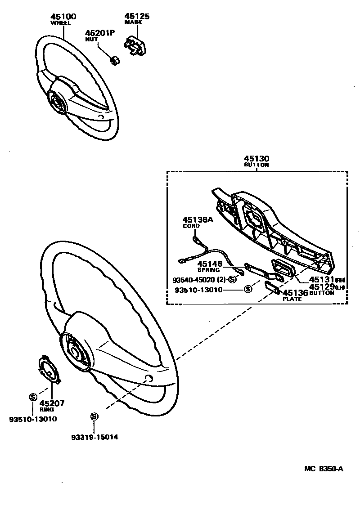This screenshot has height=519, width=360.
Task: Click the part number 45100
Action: pyautogui.click(x=63, y=17)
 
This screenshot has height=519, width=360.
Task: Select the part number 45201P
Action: pyautogui.click(x=100, y=33)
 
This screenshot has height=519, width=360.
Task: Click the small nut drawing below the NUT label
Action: pyautogui.click(x=115, y=59)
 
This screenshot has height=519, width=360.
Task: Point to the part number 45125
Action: pyautogui.click(x=137, y=17)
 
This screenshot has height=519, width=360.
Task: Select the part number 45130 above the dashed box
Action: pyautogui.click(x=256, y=159)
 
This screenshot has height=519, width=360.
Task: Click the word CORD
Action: pyautogui.click(x=191, y=226)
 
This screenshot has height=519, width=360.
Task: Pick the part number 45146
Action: pyautogui.click(x=209, y=264)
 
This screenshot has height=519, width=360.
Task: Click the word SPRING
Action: pyautogui.click(x=208, y=270)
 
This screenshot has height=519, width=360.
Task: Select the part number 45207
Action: pyautogui.click(x=52, y=403)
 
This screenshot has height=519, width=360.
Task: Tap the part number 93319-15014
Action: pyautogui.click(x=94, y=437)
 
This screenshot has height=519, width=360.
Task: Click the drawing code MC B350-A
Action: pyautogui.click(x=324, y=469)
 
